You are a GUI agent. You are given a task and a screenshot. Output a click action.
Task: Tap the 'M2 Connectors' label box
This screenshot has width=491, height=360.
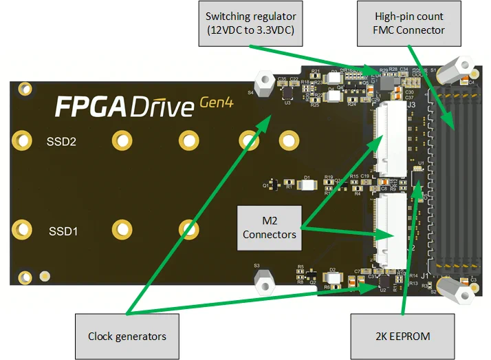coord(270,226)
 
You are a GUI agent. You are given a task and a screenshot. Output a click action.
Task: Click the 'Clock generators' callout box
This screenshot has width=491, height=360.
coord(127,336)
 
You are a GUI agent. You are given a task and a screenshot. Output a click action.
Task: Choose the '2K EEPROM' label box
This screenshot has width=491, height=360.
coord(402,336)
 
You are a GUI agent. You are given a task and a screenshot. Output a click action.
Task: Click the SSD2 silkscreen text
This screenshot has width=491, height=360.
coord(61,142)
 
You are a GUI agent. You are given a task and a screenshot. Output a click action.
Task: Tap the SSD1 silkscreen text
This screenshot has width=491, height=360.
coord(61,231)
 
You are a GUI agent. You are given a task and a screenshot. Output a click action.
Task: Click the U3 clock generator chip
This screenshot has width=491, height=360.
coord(287,95)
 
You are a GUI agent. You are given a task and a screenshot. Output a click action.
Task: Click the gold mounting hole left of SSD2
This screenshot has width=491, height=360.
coord(23,141)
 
